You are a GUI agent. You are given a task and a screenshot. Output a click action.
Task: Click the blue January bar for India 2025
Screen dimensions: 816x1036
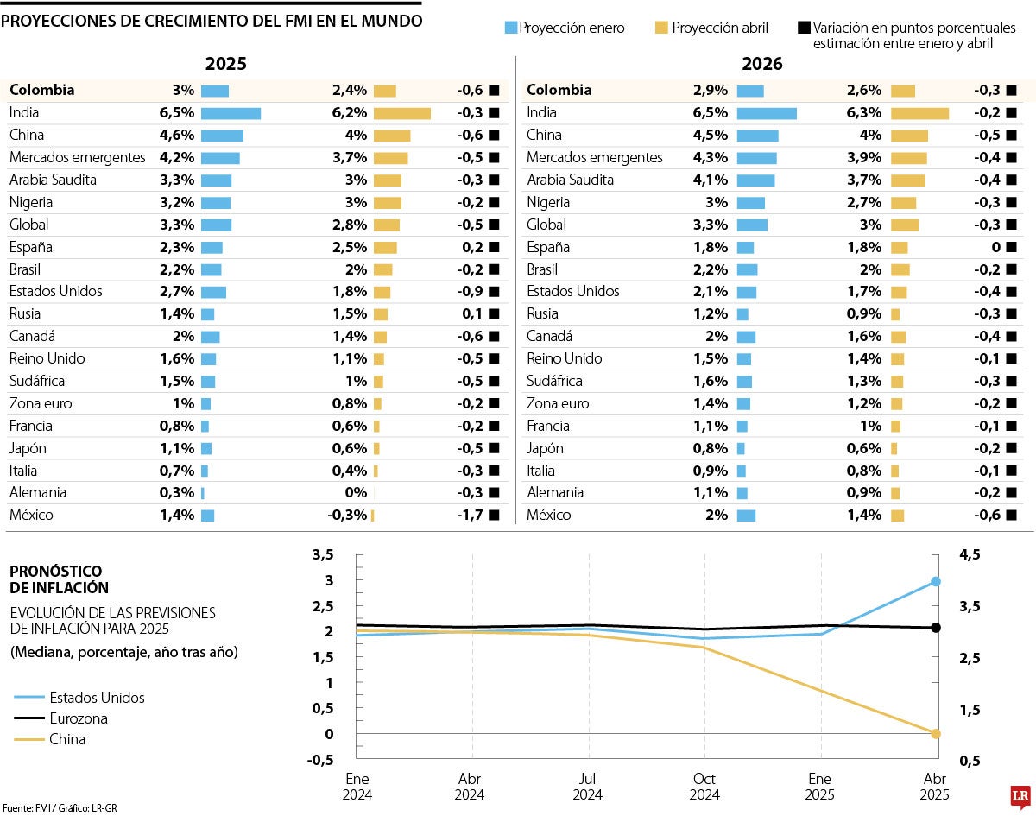click(x=231, y=113)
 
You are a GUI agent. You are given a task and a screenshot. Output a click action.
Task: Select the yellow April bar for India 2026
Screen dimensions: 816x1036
click(x=919, y=113)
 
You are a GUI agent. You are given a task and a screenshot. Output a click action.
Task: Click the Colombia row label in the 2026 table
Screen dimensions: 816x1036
click(x=559, y=90)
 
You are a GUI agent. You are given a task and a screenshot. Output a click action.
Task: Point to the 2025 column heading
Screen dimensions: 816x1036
click(x=225, y=64)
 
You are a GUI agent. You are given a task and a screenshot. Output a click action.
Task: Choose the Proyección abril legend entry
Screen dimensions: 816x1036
click(x=711, y=28)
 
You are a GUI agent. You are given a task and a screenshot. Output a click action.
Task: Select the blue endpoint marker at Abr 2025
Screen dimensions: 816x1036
click(x=935, y=581)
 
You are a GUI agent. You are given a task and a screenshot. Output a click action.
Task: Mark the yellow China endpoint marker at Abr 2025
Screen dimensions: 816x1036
click(x=935, y=734)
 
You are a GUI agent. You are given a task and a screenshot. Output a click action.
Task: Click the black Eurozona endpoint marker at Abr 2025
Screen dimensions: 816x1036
click(x=935, y=628)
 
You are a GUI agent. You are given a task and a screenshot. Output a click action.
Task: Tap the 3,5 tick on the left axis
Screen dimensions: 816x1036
click(x=323, y=554)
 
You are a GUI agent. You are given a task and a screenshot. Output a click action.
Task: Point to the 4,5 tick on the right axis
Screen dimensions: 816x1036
click(x=970, y=554)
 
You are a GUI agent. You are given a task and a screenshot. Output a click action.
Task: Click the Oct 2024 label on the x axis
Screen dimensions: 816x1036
click(x=704, y=787)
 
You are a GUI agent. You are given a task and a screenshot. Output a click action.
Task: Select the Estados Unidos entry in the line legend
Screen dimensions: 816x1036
click(x=97, y=698)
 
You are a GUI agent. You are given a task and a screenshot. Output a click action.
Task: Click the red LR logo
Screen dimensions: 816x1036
click(x=1020, y=795)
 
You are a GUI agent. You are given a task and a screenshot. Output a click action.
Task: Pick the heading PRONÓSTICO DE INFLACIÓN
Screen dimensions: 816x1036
click(x=59, y=579)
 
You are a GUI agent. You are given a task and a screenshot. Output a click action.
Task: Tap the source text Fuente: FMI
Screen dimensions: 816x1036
click(x=30, y=807)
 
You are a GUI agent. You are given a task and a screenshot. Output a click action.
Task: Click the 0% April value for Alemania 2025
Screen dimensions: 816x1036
click(x=356, y=493)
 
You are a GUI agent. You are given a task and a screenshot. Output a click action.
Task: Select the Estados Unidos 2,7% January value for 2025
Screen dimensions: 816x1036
click(x=177, y=291)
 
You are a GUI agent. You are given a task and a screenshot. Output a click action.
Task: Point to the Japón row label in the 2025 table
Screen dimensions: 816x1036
click(x=28, y=448)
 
